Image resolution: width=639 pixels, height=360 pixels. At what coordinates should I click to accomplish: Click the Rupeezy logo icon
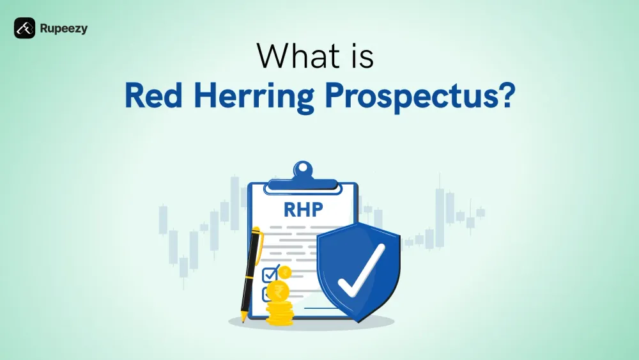point(24,28)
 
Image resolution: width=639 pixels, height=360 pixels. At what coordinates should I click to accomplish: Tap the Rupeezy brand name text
point(64,28)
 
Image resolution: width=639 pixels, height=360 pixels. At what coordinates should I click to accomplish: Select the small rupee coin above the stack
point(285,272)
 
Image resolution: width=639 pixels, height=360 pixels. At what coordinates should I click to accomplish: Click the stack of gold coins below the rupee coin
point(279,313)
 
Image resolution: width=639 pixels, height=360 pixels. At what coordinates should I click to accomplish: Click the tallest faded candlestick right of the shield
point(439,211)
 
